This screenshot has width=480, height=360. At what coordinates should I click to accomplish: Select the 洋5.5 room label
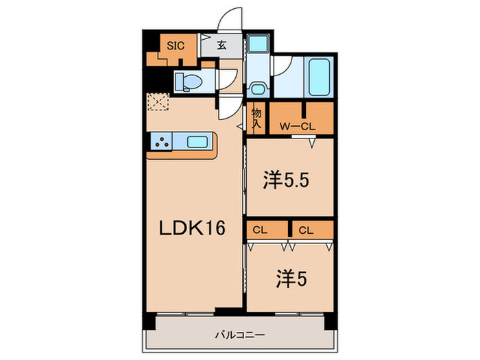tap(288, 181)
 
